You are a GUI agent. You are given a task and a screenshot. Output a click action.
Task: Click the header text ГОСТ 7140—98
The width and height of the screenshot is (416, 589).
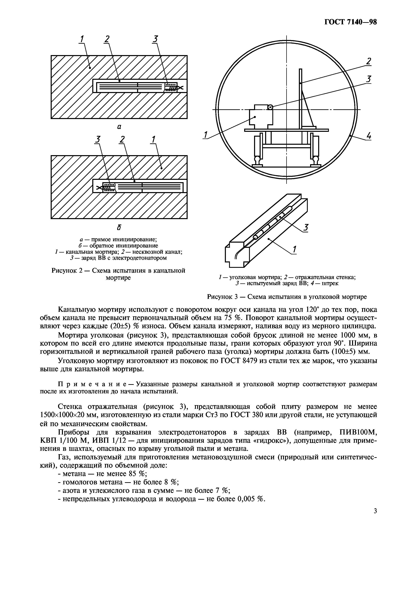pos(350,22)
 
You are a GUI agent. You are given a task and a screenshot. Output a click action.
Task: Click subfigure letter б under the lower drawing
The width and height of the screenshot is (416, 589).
pos(119,227)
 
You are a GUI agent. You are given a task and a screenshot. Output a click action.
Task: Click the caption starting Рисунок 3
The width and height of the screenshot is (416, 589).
pos(287,297)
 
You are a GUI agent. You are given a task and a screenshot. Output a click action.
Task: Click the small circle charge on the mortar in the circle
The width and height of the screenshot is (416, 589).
pos(270,107)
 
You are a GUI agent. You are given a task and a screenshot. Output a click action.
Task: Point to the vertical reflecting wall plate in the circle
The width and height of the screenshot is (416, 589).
pos(300,98)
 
